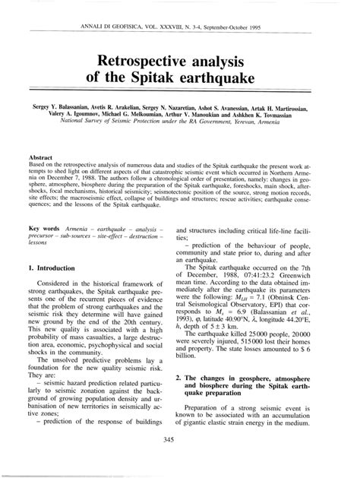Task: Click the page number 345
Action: (180, 438)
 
